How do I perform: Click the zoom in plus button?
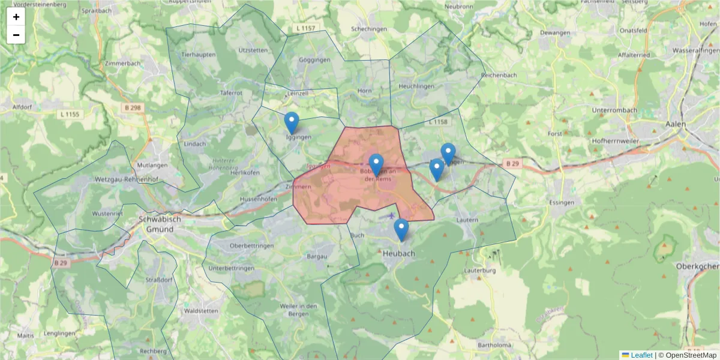[16, 17]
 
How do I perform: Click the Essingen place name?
[564, 203]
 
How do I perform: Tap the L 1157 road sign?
[305, 29]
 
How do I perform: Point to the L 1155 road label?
[70, 114]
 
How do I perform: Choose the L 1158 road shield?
[439, 122]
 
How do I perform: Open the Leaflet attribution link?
[641, 355]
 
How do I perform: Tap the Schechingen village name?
[368, 29]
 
